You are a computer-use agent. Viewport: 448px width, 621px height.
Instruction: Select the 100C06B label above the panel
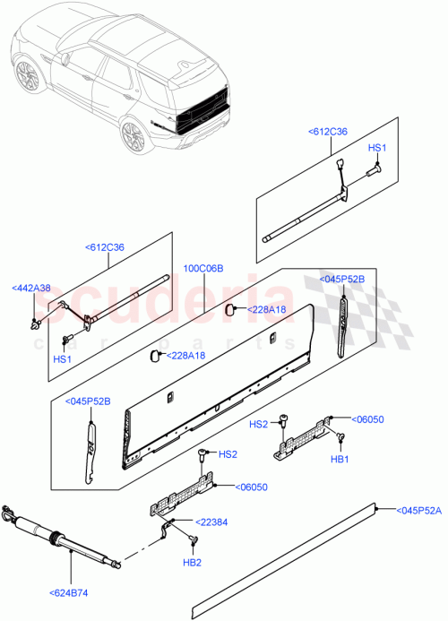[203, 268]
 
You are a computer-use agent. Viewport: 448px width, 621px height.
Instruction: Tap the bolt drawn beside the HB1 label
[340, 436]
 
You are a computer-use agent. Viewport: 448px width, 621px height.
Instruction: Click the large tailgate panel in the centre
[220, 385]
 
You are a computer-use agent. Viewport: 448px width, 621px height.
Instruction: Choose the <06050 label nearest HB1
[367, 418]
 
